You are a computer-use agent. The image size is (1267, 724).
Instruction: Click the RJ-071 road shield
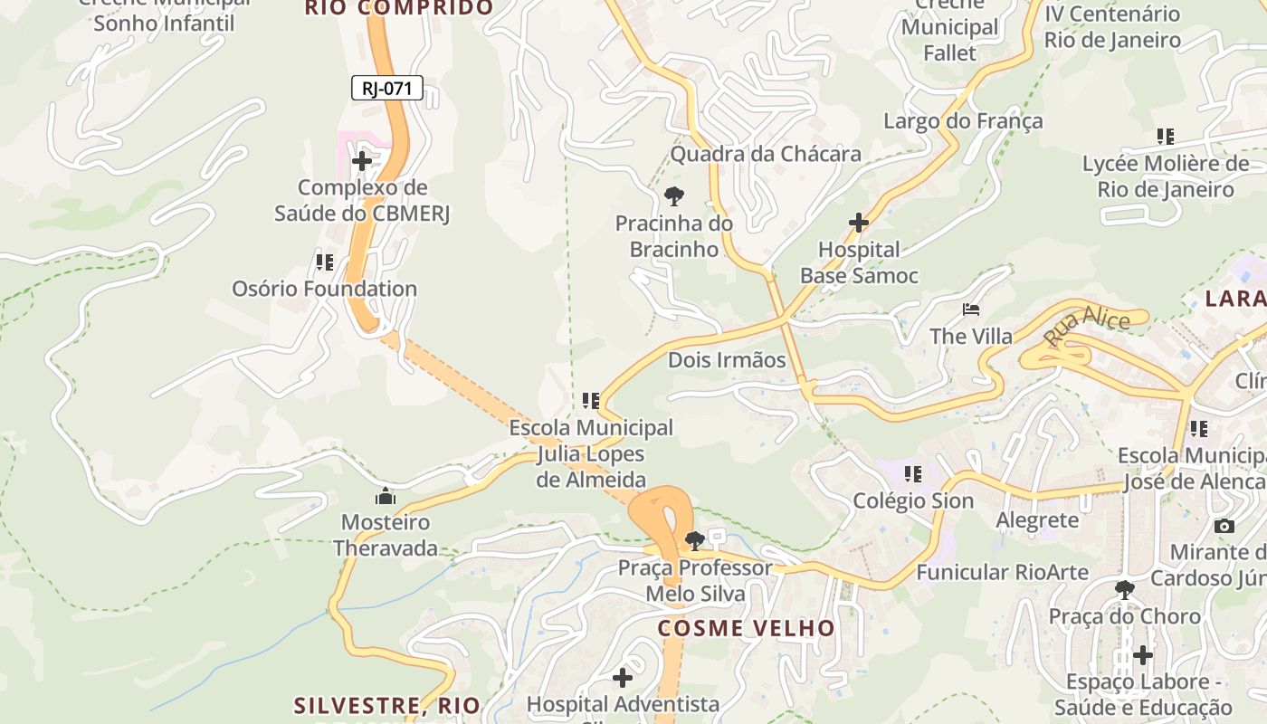(386, 88)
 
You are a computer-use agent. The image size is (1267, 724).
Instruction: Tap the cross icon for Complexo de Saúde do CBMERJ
(362, 162)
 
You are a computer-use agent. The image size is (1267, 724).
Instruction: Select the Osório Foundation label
(325, 289)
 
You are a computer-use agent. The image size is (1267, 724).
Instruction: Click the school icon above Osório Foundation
(325, 262)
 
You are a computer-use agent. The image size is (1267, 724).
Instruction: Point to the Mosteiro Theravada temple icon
(386, 496)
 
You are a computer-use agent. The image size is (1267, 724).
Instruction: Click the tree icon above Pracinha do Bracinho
(674, 195)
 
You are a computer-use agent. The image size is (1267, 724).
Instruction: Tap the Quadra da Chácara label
(766, 154)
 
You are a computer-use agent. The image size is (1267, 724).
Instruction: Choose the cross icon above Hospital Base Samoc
(859, 223)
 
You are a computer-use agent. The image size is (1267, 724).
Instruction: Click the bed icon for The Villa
(971, 310)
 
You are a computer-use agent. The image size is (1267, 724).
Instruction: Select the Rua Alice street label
(1087, 328)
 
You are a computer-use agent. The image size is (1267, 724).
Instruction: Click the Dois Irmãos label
(727, 360)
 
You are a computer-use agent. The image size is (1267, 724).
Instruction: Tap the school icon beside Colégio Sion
(913, 473)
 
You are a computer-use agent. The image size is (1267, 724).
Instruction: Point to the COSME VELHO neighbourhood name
(747, 628)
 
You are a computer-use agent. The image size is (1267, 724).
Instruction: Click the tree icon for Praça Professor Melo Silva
(695, 541)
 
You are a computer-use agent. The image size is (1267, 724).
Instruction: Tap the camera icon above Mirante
(1224, 526)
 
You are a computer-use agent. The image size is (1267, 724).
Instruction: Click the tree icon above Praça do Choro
(1125, 590)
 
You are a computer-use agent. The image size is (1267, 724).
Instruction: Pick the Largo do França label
(963, 121)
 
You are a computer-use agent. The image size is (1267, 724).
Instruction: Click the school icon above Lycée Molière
(1166, 137)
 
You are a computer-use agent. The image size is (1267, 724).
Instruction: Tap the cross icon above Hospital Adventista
(623, 677)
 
